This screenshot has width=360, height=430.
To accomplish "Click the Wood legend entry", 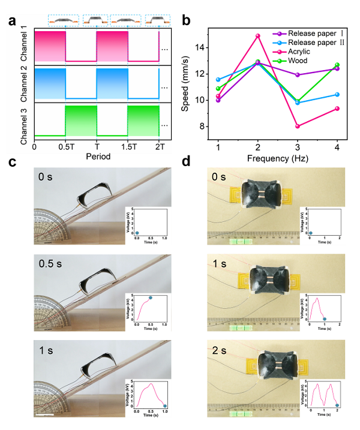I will (x=305, y=61).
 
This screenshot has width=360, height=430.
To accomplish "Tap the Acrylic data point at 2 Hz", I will (x=258, y=36).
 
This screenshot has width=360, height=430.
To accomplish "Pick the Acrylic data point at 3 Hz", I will (x=298, y=126).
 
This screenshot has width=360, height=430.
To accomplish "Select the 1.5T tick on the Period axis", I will (x=127, y=146).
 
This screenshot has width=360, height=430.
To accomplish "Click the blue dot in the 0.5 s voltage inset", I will (x=150, y=297).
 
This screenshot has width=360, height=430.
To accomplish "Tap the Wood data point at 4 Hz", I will (x=337, y=65).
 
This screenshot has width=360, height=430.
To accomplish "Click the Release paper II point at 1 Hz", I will (x=218, y=80).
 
